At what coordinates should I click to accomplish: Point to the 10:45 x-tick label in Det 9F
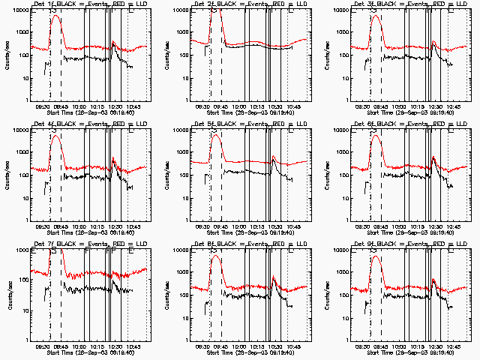pos(452,346)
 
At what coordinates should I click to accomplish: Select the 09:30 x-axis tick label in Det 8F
pos(202,346)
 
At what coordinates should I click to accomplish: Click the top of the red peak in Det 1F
pos(55,15)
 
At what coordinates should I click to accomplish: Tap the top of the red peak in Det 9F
pos(376,255)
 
